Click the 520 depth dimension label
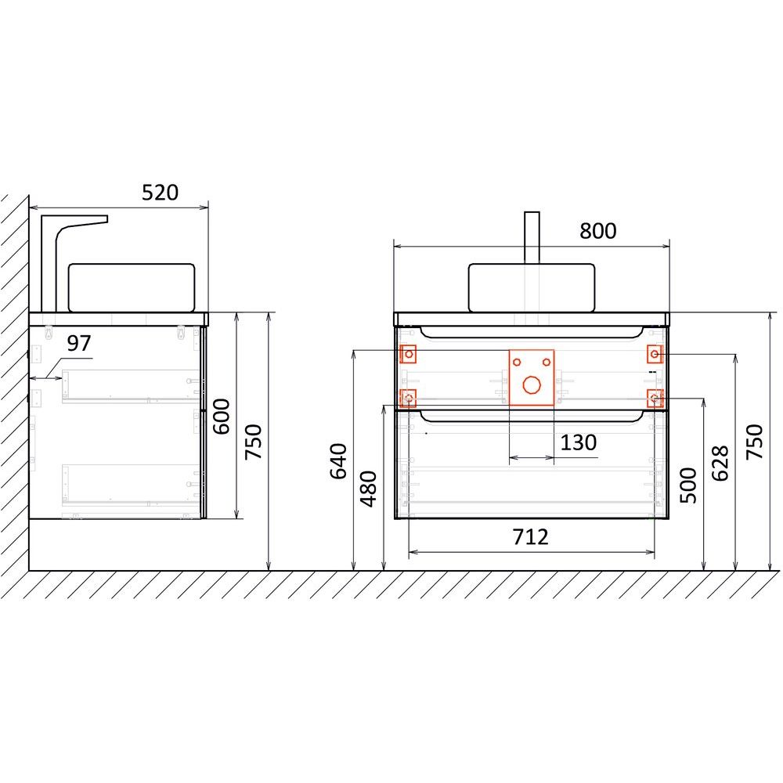pyautogui.click(x=160, y=193)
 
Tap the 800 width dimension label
pyautogui.click(x=597, y=231)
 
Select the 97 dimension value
pyautogui.click(x=79, y=343)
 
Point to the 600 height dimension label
pyautogui.click(x=222, y=416)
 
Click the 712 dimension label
pyautogui.click(x=530, y=537)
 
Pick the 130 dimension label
pyautogui.click(x=579, y=442)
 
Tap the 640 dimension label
pyautogui.click(x=338, y=461)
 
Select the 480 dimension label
pyautogui.click(x=369, y=489)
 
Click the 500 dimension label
pyautogui.click(x=688, y=485)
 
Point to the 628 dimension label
pyautogui.click(x=720, y=463)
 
